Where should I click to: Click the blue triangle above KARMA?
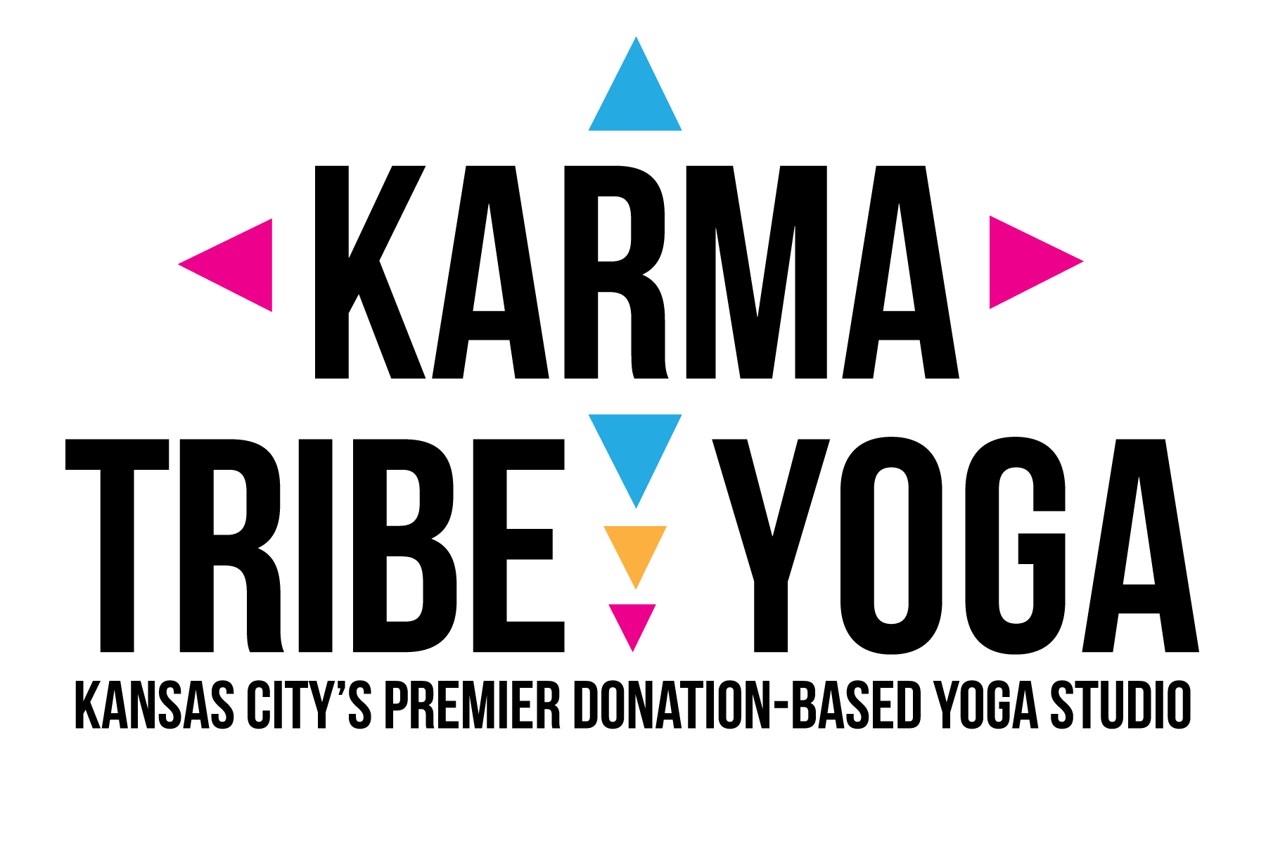pos(635,95)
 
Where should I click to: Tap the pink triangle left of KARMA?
pos(239,264)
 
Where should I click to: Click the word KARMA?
pos(637,273)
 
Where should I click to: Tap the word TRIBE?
pos(315,546)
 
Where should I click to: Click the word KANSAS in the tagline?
pos(154,704)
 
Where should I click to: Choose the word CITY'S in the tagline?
pos(309,704)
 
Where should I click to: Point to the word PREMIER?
pos(472,704)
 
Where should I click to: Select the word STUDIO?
pos(1120,704)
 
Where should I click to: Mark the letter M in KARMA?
pos(756,273)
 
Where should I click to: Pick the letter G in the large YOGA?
pos(1015,546)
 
